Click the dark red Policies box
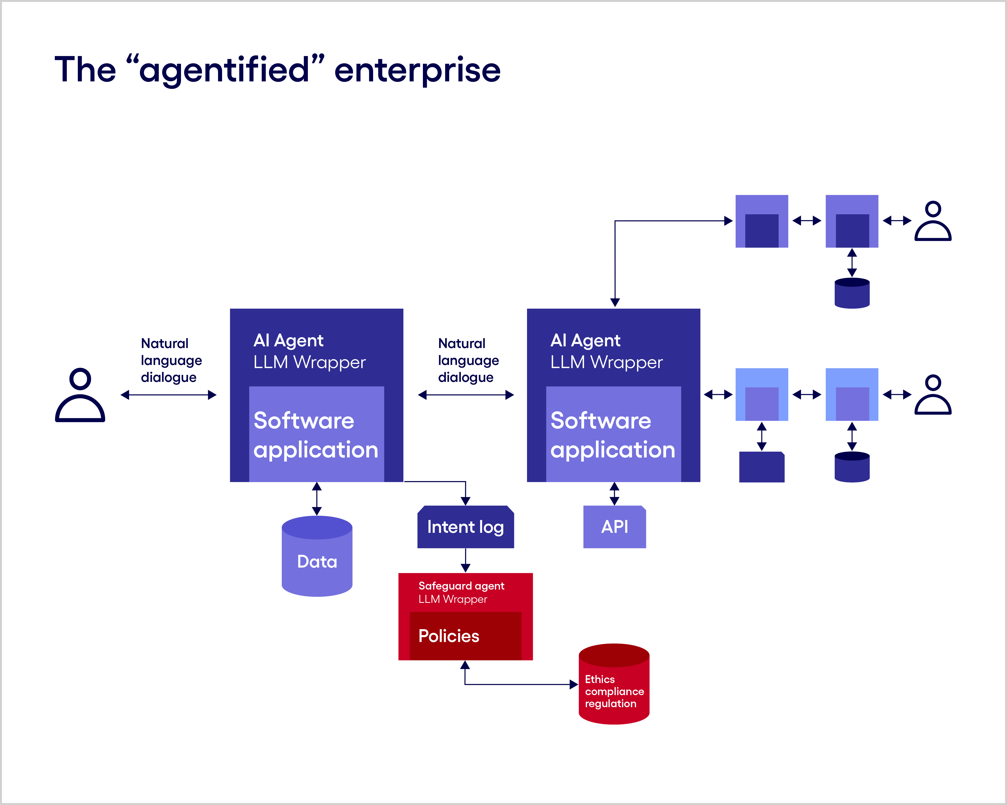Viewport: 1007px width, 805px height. point(465,636)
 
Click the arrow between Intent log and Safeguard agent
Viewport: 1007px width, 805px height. point(465,560)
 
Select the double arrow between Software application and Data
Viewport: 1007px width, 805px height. point(317,499)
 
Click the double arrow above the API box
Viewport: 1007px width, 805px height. point(614,493)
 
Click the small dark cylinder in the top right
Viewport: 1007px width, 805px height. point(852,293)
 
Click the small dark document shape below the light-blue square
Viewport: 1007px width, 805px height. point(761,467)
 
